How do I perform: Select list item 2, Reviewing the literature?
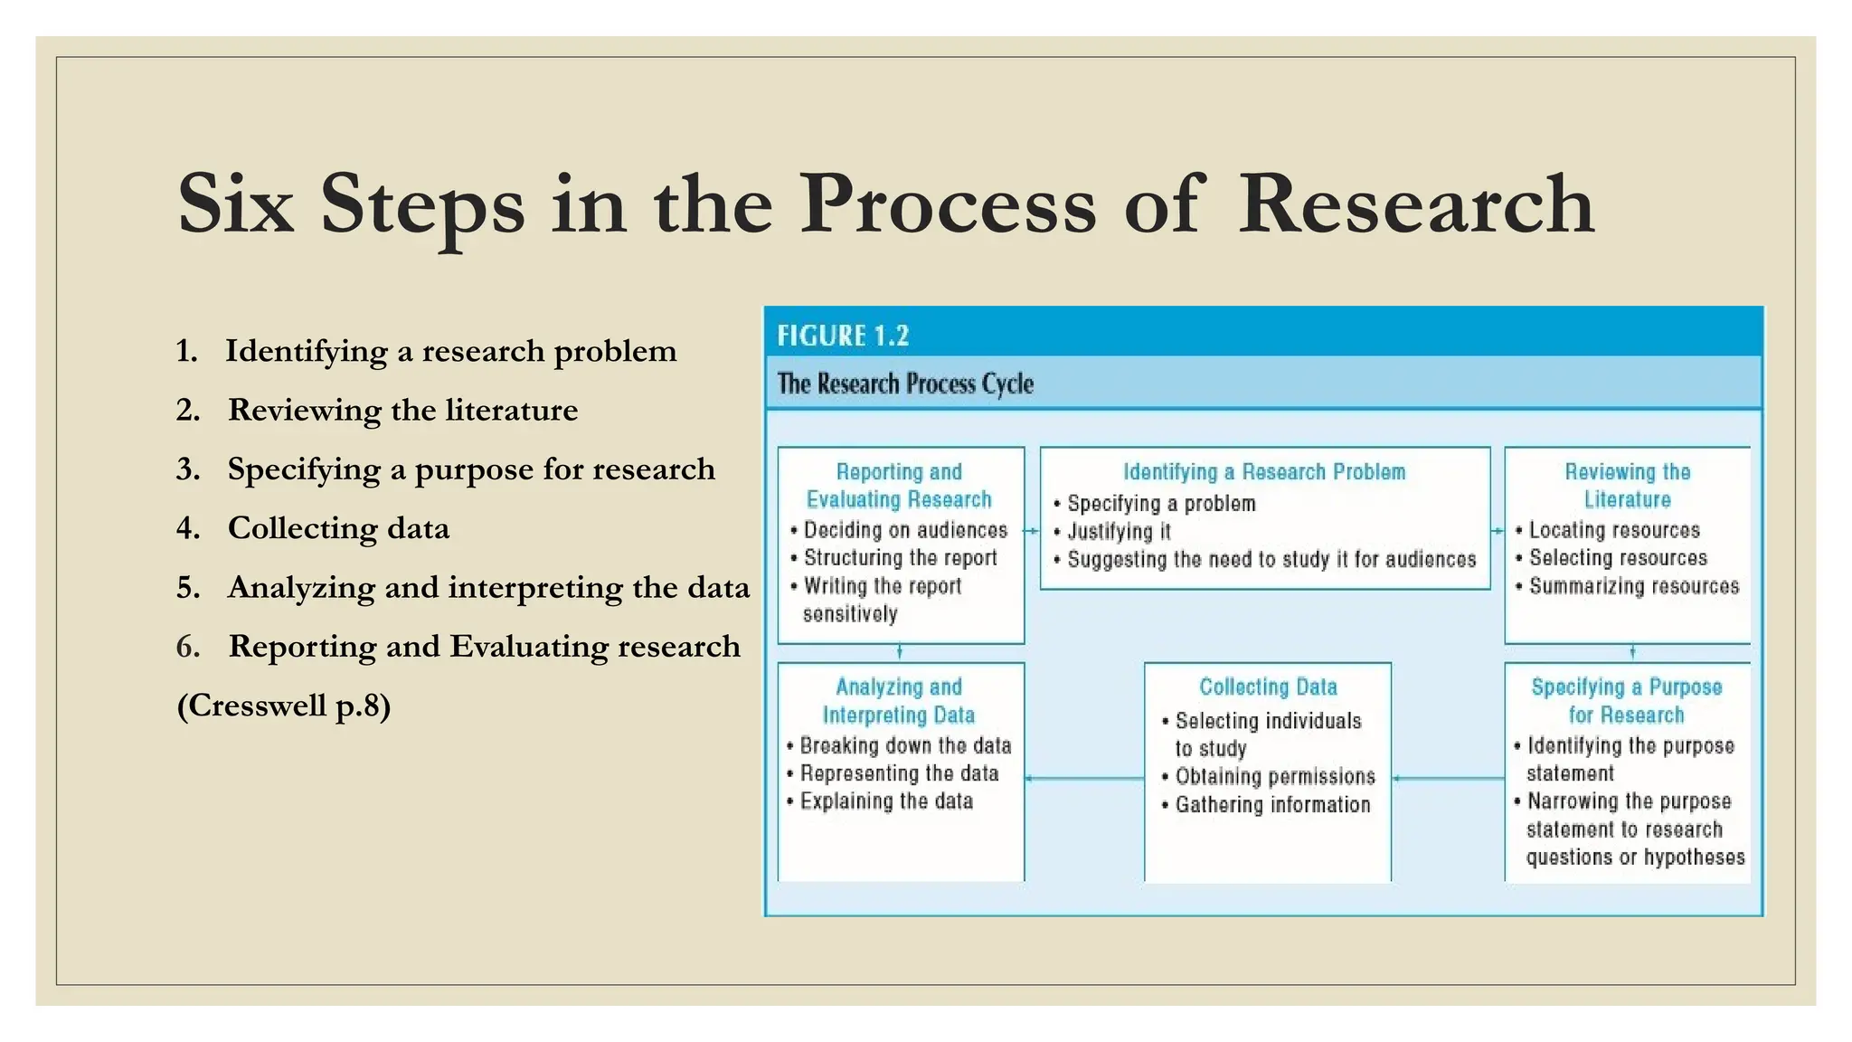pos(402,410)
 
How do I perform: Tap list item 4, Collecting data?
pos(338,528)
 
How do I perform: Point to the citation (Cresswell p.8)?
pos(284,706)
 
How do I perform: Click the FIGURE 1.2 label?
pos(843,336)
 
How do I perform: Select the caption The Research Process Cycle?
pos(905,384)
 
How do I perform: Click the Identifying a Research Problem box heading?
pos(1264,471)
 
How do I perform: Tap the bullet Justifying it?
pos(1119,532)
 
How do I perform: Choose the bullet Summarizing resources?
pos(1633,586)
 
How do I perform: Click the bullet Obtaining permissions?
pos(1274,776)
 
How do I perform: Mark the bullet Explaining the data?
pos(886,801)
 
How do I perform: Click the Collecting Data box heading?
pos(1268,687)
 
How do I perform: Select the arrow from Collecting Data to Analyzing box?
pos(1084,778)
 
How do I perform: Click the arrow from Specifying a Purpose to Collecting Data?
pos(1448,778)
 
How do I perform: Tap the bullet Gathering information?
pos(1272,804)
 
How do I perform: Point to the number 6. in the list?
pos(188,647)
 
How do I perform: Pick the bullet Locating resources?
pos(1614,530)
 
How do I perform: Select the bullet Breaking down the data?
pos(905,745)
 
